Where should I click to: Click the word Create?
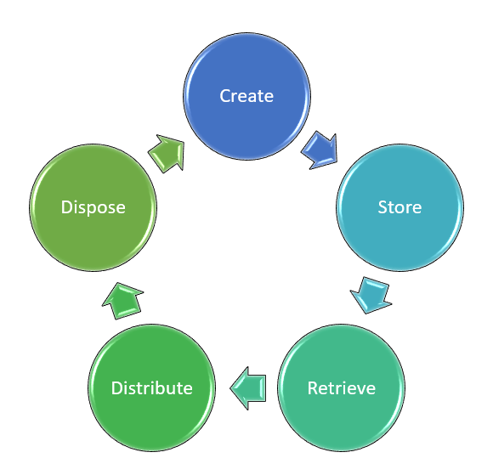246,96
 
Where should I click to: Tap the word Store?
399,207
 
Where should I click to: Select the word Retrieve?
342,388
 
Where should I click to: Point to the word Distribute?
152,388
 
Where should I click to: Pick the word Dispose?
93,208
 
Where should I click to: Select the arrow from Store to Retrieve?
371,296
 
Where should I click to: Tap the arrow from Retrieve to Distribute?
248,388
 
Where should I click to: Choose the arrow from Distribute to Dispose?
122,301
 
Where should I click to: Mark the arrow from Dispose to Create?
167,154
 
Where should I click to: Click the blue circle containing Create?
246,96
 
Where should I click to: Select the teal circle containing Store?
400,207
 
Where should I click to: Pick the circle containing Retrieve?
342,387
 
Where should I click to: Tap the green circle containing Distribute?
152,387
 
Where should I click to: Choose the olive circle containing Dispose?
93,207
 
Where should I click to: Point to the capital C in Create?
224,96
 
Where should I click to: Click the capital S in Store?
382,207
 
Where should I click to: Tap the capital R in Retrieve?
313,388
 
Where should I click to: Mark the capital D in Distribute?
117,388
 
